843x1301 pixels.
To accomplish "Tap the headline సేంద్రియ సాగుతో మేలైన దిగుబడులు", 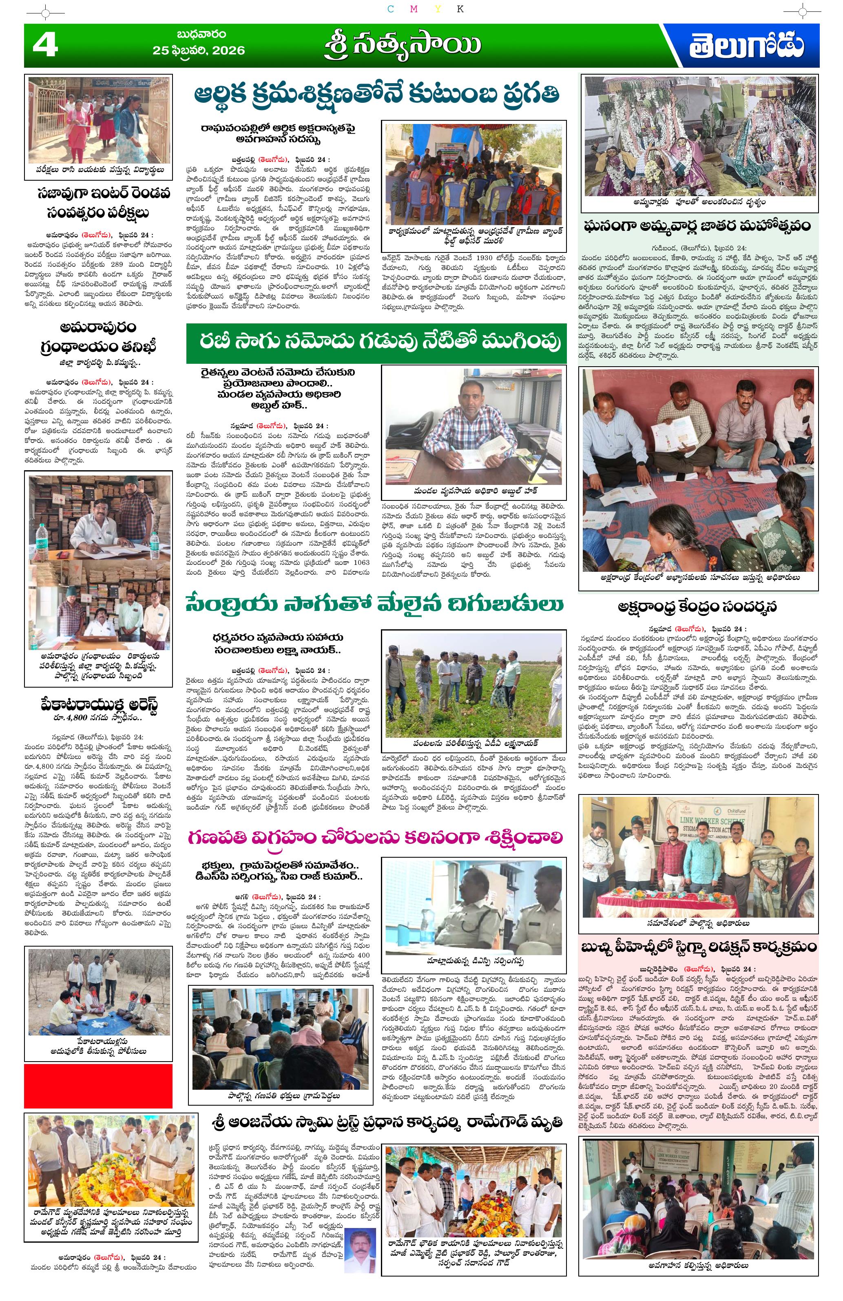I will [x=374, y=604].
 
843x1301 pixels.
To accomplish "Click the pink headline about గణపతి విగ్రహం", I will [x=376, y=837].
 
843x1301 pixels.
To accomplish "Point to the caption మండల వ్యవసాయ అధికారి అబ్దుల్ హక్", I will [x=473, y=490].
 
